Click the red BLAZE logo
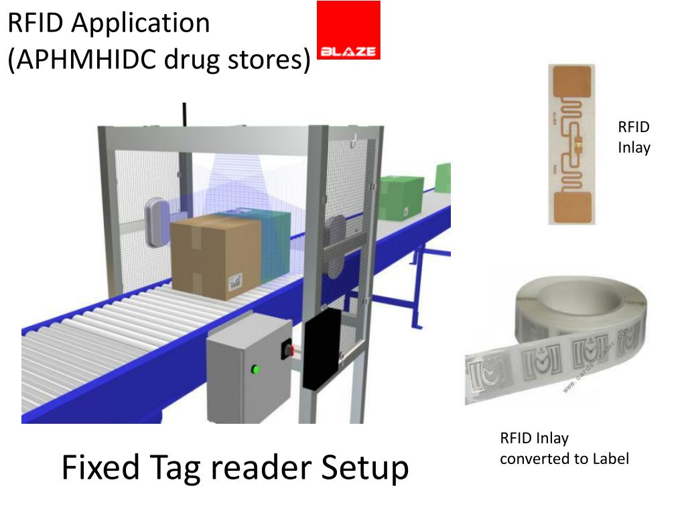[348, 31]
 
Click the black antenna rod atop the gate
[184, 114]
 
